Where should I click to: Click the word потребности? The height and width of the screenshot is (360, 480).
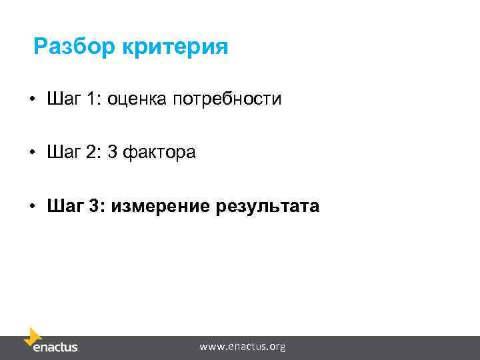pyautogui.click(x=228, y=99)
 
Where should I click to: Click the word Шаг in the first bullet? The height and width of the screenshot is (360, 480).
pyautogui.click(x=63, y=99)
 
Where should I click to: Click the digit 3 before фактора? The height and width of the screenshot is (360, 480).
pyautogui.click(x=113, y=153)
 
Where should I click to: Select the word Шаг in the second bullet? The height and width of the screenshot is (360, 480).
pyautogui.click(x=63, y=153)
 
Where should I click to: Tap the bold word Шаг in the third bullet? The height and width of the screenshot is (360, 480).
pyautogui.click(x=63, y=206)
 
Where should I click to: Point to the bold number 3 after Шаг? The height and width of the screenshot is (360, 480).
pyautogui.click(x=93, y=206)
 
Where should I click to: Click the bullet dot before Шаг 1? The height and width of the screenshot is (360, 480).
pyautogui.click(x=31, y=100)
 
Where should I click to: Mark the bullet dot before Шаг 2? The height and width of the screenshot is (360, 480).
pyautogui.click(x=31, y=153)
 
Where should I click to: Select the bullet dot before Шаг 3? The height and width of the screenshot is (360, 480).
pyautogui.click(x=31, y=207)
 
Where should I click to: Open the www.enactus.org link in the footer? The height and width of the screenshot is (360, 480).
pyautogui.click(x=243, y=347)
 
